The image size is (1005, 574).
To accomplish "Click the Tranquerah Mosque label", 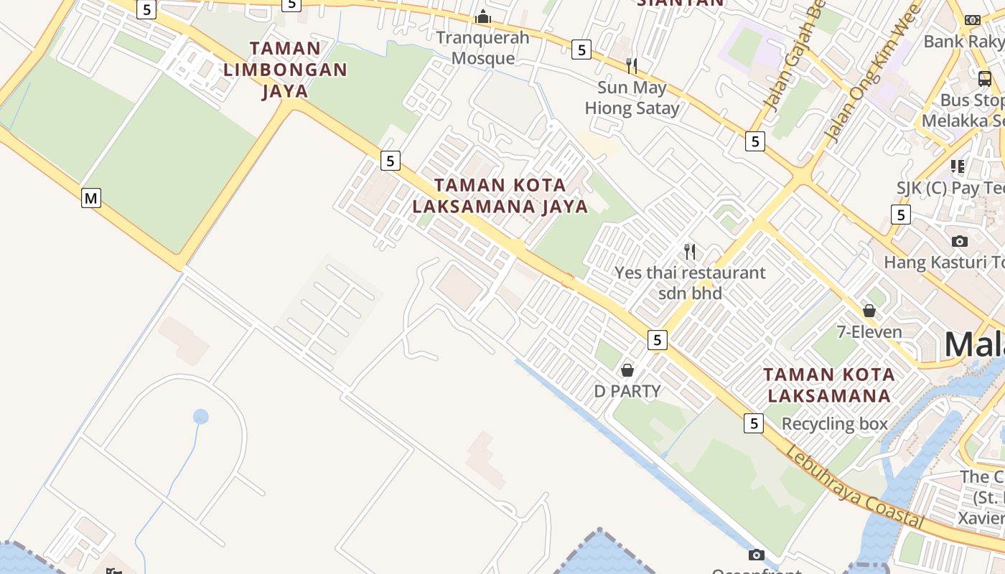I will [x=483, y=47].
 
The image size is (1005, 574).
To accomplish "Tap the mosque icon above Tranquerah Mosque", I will [x=483, y=17].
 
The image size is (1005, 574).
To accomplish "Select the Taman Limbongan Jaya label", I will [x=286, y=70].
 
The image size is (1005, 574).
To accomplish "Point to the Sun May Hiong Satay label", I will [x=632, y=98].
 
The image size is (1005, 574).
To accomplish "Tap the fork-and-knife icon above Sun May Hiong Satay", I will [x=632, y=66].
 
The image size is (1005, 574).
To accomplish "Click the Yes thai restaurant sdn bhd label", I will [x=690, y=283].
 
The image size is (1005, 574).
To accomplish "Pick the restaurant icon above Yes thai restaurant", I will [x=690, y=251].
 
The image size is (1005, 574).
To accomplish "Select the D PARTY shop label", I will [x=627, y=391].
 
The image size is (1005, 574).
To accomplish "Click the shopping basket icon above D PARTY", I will [x=627, y=370].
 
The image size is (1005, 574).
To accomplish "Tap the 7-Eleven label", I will [x=869, y=331].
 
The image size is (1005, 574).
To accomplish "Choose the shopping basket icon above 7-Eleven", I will [x=869, y=311].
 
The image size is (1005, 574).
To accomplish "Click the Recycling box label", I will [x=835, y=423].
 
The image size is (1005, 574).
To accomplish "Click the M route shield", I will [x=90, y=197].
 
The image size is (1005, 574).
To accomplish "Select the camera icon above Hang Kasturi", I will [x=959, y=241].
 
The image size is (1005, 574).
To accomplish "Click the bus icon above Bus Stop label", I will [x=985, y=79].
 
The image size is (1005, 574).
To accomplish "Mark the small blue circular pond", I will [x=201, y=416].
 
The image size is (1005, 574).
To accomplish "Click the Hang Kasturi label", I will [x=944, y=262].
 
